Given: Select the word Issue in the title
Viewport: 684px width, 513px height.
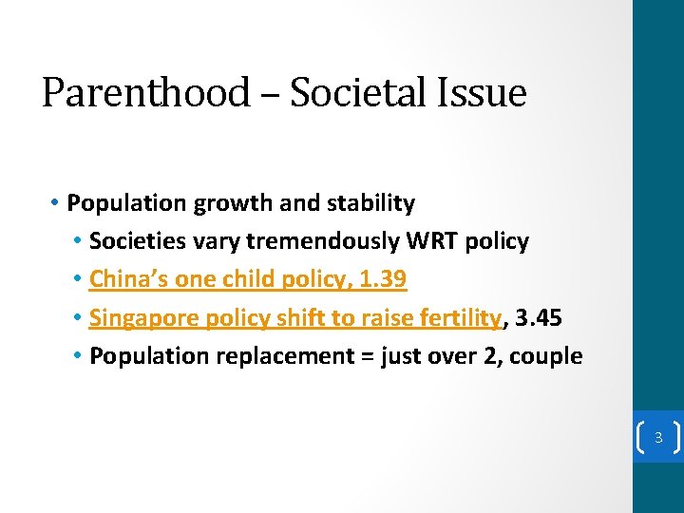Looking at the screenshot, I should [488, 93].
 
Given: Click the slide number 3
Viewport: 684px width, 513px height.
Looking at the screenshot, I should [657, 438].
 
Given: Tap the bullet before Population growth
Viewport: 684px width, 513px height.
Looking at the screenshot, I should [57, 203].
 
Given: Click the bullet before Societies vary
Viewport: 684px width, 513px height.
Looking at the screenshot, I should [78, 241].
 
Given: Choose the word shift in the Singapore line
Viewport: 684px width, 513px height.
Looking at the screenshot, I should [299, 317].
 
